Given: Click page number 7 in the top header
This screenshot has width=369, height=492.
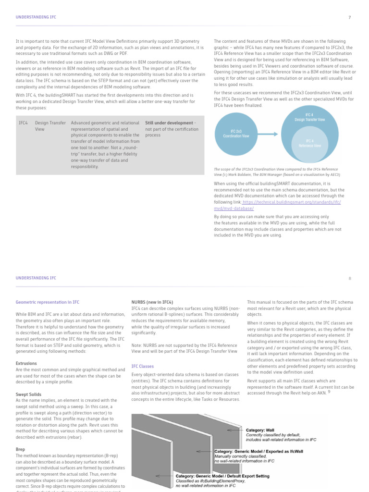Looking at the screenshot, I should [349, 17].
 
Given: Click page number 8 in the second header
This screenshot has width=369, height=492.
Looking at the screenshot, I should [350, 278].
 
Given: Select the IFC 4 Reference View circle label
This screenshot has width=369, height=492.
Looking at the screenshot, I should [310, 143].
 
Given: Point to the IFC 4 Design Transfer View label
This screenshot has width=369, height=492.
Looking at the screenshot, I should [309, 117].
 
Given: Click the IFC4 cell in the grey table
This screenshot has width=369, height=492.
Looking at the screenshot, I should [23, 123].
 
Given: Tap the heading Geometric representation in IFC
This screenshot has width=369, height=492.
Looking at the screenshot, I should [47, 302].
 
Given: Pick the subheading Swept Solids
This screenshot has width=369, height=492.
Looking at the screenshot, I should [28, 394].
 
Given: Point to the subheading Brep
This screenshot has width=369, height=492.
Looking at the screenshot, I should [20, 449].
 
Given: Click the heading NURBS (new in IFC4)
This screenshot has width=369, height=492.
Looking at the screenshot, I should [152, 302].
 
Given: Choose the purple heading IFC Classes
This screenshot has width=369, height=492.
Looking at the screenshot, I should [143, 366].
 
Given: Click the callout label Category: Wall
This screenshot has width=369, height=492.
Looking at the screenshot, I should [260, 430].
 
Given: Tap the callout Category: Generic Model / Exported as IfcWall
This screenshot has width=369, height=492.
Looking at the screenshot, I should [258, 452].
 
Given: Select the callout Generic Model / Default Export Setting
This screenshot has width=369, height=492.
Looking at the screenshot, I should [222, 476].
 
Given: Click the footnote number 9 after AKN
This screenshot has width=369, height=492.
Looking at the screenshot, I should [329, 392].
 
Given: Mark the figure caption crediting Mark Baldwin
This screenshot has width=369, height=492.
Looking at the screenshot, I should [276, 172].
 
